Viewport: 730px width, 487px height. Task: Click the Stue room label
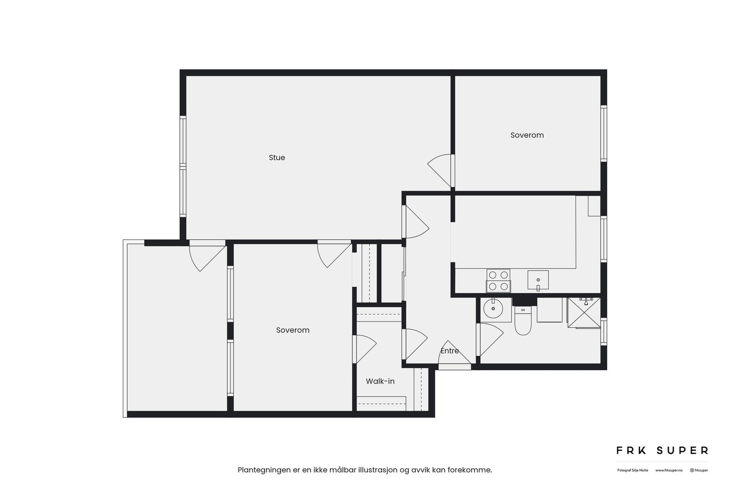[x=276, y=157]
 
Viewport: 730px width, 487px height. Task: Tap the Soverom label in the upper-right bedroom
[x=527, y=135]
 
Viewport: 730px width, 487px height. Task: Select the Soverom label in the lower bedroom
[x=292, y=330]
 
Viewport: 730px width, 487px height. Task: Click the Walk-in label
[x=380, y=381]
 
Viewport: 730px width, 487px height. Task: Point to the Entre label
[x=449, y=351]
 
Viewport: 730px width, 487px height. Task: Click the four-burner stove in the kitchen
[x=498, y=281]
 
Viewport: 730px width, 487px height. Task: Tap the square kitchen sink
[x=538, y=280]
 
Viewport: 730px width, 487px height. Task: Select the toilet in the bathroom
[x=523, y=322]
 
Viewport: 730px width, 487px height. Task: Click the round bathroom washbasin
[x=493, y=309]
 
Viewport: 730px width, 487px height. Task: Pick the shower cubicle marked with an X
[x=584, y=313]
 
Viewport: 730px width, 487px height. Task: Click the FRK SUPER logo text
[x=662, y=450]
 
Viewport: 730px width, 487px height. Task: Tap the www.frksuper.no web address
[x=668, y=470]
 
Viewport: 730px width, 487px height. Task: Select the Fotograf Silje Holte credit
[x=632, y=470]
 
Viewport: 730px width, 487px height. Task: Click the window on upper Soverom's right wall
[x=603, y=133]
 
